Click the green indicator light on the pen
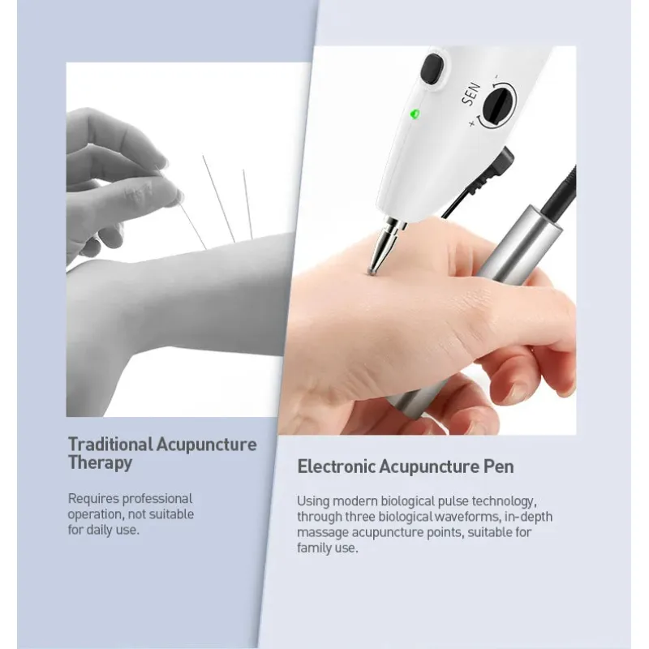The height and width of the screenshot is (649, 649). tap(415, 114)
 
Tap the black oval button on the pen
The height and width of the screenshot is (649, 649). tap(432, 70)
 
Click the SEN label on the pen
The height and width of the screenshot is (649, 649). tap(471, 94)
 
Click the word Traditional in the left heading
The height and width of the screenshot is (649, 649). tap(110, 445)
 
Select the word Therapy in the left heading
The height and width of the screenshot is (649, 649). tap(100, 463)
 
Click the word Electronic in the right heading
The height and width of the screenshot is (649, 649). tap(337, 466)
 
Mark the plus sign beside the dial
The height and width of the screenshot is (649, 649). tap(471, 123)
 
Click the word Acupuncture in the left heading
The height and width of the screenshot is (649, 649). tap(206, 445)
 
